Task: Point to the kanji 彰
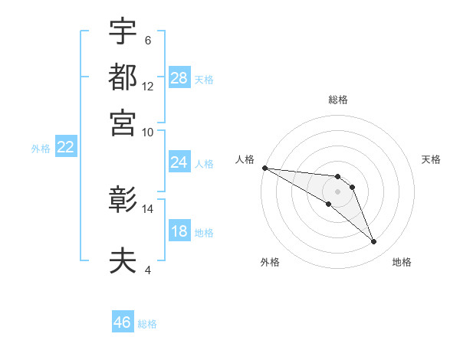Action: pyautogui.click(x=123, y=201)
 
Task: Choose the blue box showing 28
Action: pyautogui.click(x=179, y=77)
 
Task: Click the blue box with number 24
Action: pyautogui.click(x=179, y=162)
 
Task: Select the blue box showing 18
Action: pyautogui.click(x=179, y=231)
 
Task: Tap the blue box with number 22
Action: pyautogui.click(x=65, y=147)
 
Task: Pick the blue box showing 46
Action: pyautogui.click(x=123, y=322)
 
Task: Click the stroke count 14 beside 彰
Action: pyautogui.click(x=148, y=208)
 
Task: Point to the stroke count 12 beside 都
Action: pyautogui.click(x=148, y=86)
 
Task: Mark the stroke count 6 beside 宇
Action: pyautogui.click(x=147, y=40)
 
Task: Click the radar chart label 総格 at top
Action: pyautogui.click(x=337, y=100)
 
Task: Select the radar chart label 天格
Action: pyautogui.click(x=431, y=159)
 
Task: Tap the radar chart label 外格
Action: pyautogui.click(x=270, y=262)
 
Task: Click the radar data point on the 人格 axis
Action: pyautogui.click(x=264, y=168)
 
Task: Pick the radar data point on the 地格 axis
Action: pyautogui.click(x=374, y=242)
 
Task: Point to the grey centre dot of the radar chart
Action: pyautogui.click(x=337, y=191)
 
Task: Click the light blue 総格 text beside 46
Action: pyautogui.click(x=147, y=324)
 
